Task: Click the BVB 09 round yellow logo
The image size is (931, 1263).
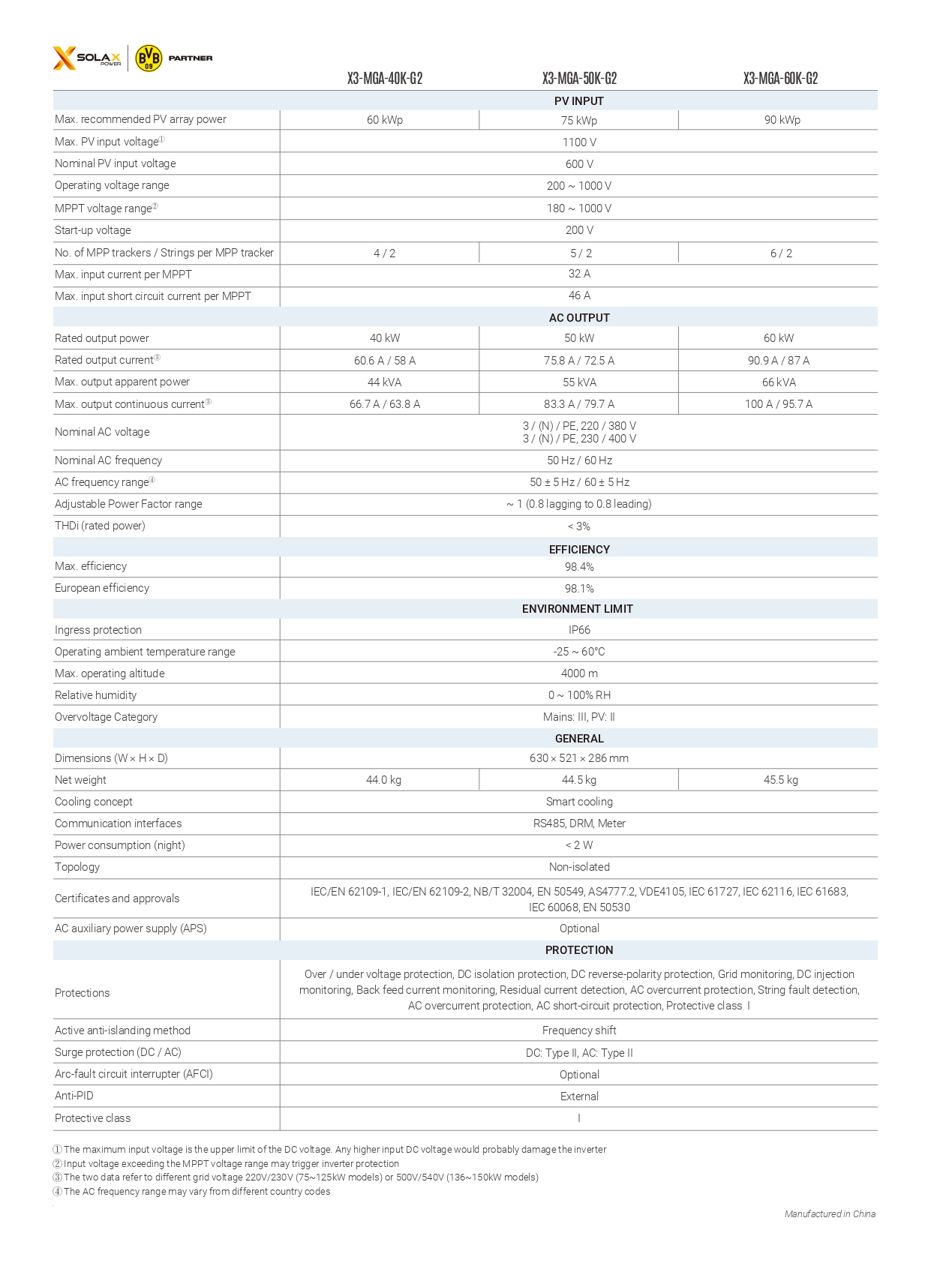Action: pyautogui.click(x=149, y=58)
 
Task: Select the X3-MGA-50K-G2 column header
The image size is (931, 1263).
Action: pyautogui.click(x=579, y=79)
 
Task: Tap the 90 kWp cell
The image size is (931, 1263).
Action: pyautogui.click(x=782, y=120)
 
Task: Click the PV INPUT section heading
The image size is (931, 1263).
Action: pyautogui.click(x=578, y=101)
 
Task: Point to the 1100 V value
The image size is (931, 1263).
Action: pyautogui.click(x=579, y=142)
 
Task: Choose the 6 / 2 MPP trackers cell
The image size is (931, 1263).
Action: pyautogui.click(x=781, y=253)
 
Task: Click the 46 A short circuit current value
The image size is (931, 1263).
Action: pyautogui.click(x=579, y=295)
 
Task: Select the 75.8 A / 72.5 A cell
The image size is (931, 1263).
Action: pyautogui.click(x=578, y=361)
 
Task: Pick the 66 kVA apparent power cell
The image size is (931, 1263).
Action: pyautogui.click(x=779, y=382)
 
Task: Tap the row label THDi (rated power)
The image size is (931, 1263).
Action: pyautogui.click(x=100, y=526)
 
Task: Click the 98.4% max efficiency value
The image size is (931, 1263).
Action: pyautogui.click(x=579, y=567)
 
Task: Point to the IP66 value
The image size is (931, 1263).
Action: pyautogui.click(x=579, y=630)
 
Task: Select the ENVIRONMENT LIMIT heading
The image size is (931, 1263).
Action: pyautogui.click(x=577, y=609)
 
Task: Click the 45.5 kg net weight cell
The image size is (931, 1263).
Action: pyautogui.click(x=780, y=780)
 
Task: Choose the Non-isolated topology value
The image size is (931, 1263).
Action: pyautogui.click(x=579, y=867)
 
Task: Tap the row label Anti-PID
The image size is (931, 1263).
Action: pyautogui.click(x=74, y=1096)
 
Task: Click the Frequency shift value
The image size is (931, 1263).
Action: pyautogui.click(x=579, y=1030)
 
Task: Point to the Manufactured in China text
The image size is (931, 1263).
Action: pyautogui.click(x=830, y=1213)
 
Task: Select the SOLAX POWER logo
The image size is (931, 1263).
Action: pyautogui.click(x=87, y=58)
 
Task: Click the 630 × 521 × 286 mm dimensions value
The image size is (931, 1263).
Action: pyautogui.click(x=578, y=758)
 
